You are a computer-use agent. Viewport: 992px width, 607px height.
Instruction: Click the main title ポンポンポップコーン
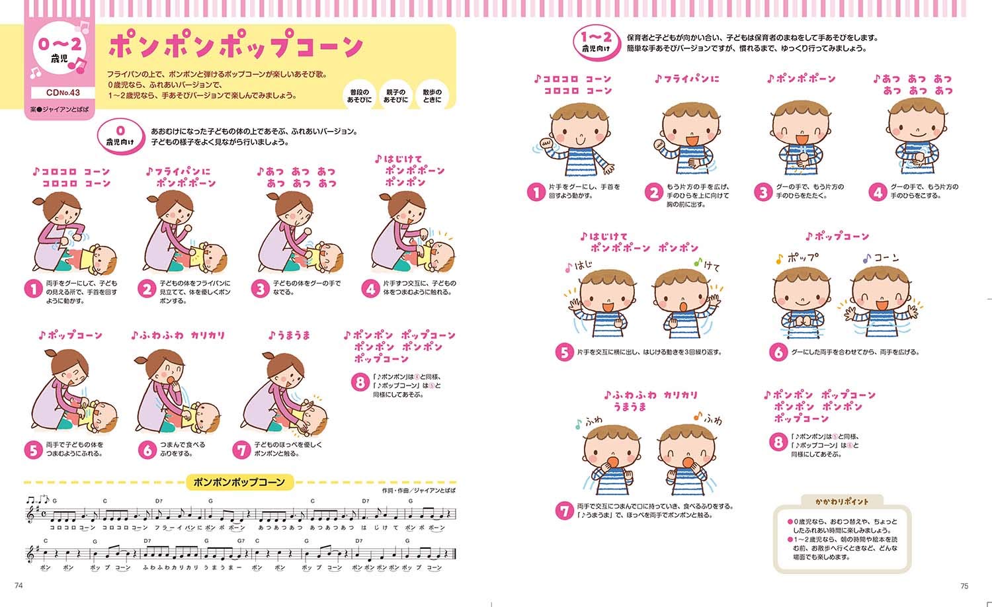(235, 46)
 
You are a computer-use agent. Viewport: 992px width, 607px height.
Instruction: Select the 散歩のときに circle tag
(431, 96)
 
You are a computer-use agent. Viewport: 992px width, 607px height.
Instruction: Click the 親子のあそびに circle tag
(395, 96)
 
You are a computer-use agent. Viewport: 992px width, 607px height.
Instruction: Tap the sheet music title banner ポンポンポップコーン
(239, 482)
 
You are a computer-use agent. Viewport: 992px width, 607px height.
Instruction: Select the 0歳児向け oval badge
(120, 136)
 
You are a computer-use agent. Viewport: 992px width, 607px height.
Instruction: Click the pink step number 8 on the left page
(360, 382)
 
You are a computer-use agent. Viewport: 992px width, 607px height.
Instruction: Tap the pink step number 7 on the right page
(564, 510)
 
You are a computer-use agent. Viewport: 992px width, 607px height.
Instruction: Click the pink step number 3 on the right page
(763, 192)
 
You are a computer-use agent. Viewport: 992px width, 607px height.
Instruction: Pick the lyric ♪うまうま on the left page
(289, 335)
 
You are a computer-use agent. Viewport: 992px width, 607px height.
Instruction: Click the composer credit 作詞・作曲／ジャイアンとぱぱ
(418, 491)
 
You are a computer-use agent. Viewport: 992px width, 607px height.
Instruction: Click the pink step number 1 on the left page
(33, 289)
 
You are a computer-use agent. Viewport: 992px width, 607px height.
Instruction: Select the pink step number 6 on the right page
(778, 352)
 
